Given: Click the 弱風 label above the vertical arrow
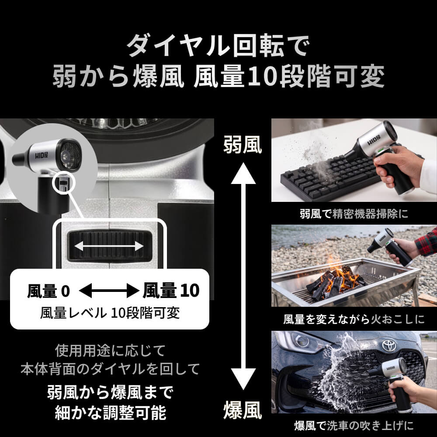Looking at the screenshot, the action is [243, 145].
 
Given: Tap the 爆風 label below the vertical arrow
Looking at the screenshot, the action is [243, 410].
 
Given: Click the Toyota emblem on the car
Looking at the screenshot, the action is [389, 345].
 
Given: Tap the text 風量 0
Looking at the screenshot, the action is [49, 291].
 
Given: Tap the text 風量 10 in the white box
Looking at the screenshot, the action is [171, 291].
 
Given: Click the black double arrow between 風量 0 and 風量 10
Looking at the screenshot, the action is [109, 291].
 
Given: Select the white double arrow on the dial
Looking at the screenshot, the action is [109, 246].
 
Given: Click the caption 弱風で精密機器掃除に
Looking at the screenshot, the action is [354, 214].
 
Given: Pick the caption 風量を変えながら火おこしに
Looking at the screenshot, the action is [354, 319].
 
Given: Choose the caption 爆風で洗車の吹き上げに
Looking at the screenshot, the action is [354, 426].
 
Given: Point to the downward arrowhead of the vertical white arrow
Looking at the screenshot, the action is [243, 379].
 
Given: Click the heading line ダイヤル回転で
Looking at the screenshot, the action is [218, 45].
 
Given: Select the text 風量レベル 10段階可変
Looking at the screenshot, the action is [110, 313].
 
